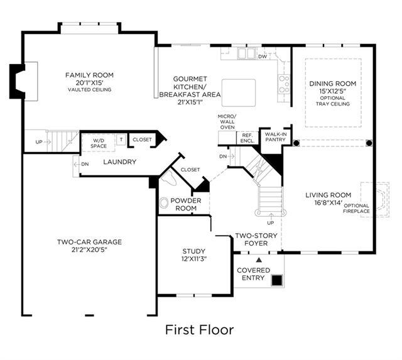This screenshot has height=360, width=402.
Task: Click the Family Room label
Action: [x=89, y=75]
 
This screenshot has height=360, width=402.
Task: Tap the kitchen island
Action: [x=239, y=92]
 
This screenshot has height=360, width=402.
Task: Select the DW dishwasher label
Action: [x=263, y=57]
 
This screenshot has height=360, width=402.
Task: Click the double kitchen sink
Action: [x=246, y=53]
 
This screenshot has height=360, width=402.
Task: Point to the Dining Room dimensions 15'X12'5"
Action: [x=332, y=91]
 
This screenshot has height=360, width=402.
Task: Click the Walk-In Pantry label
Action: [x=276, y=137]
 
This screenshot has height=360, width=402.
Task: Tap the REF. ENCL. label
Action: [x=247, y=138]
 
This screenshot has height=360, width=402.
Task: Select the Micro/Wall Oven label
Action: [x=227, y=122]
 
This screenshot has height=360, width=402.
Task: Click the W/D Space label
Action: [x=99, y=143]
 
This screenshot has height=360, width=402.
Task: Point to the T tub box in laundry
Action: [x=121, y=139]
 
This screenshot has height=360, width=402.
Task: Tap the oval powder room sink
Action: [x=163, y=203]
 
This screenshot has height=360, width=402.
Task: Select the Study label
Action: [x=194, y=251]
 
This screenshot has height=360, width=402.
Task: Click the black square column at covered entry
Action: [x=277, y=280]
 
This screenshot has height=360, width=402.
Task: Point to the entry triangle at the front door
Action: [x=259, y=260]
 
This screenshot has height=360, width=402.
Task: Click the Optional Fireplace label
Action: [x=356, y=209]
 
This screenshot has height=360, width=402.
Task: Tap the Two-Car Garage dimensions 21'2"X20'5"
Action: [x=89, y=249]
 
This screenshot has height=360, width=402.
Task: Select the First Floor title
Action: [x=200, y=330]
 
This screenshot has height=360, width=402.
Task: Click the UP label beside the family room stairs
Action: [x=39, y=142]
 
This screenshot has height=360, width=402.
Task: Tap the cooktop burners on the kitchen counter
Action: [x=285, y=84]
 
